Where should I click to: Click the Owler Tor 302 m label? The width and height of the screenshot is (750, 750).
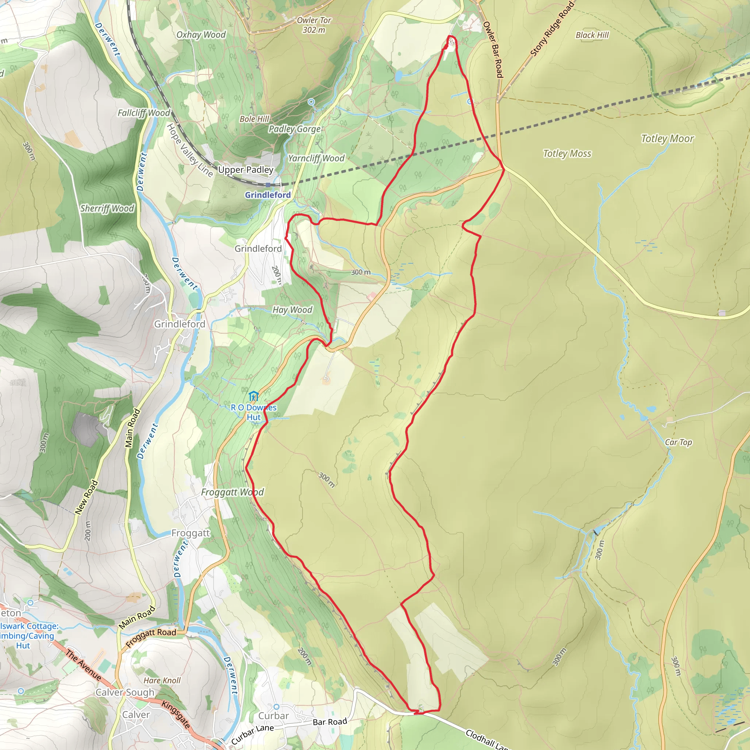(314, 25)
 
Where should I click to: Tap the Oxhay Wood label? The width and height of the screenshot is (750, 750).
(201, 35)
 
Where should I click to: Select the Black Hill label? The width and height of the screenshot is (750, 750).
(592, 35)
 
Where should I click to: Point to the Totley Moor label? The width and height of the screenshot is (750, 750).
(667, 138)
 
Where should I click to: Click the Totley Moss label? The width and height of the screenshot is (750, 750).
(567, 154)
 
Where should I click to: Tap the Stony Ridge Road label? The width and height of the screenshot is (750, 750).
(552, 29)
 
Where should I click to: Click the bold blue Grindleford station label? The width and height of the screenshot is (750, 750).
(267, 195)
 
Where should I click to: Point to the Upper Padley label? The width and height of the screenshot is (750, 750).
(246, 170)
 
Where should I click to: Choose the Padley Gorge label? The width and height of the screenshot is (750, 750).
(295, 129)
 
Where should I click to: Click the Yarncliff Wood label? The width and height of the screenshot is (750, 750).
(316, 158)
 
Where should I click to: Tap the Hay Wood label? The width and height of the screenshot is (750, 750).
(292, 310)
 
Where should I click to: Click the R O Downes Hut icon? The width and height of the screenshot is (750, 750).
(253, 396)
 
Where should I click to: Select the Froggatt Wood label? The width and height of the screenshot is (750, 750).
(232, 492)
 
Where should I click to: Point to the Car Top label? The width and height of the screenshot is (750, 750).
(678, 442)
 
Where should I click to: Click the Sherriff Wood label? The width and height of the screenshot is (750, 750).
(107, 208)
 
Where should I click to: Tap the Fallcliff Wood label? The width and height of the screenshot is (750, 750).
(144, 113)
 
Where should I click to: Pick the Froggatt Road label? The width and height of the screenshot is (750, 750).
(151, 638)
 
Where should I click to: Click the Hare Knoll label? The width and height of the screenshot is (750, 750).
(162, 680)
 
